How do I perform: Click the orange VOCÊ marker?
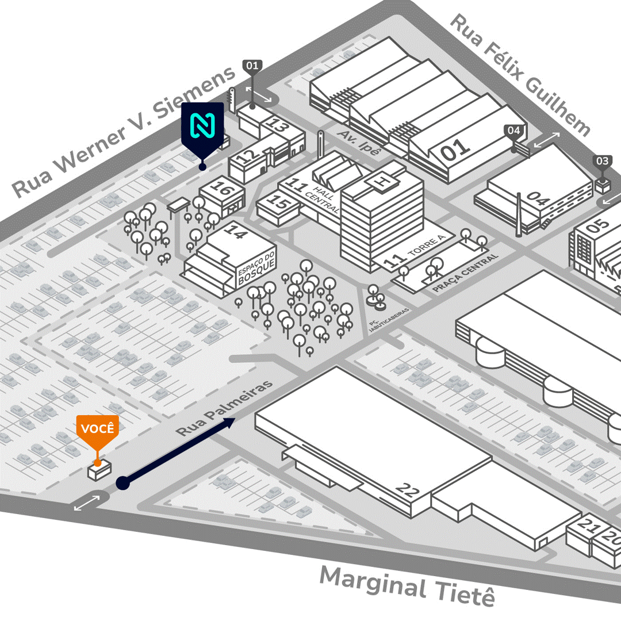click(98, 430)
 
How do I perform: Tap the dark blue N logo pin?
click(202, 126)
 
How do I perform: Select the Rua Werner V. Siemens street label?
click(124, 132)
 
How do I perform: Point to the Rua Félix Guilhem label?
click(520, 75)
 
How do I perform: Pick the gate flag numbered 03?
click(602, 162)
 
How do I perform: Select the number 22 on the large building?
click(408, 490)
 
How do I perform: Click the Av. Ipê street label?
click(359, 142)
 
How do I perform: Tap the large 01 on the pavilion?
click(456, 149)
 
